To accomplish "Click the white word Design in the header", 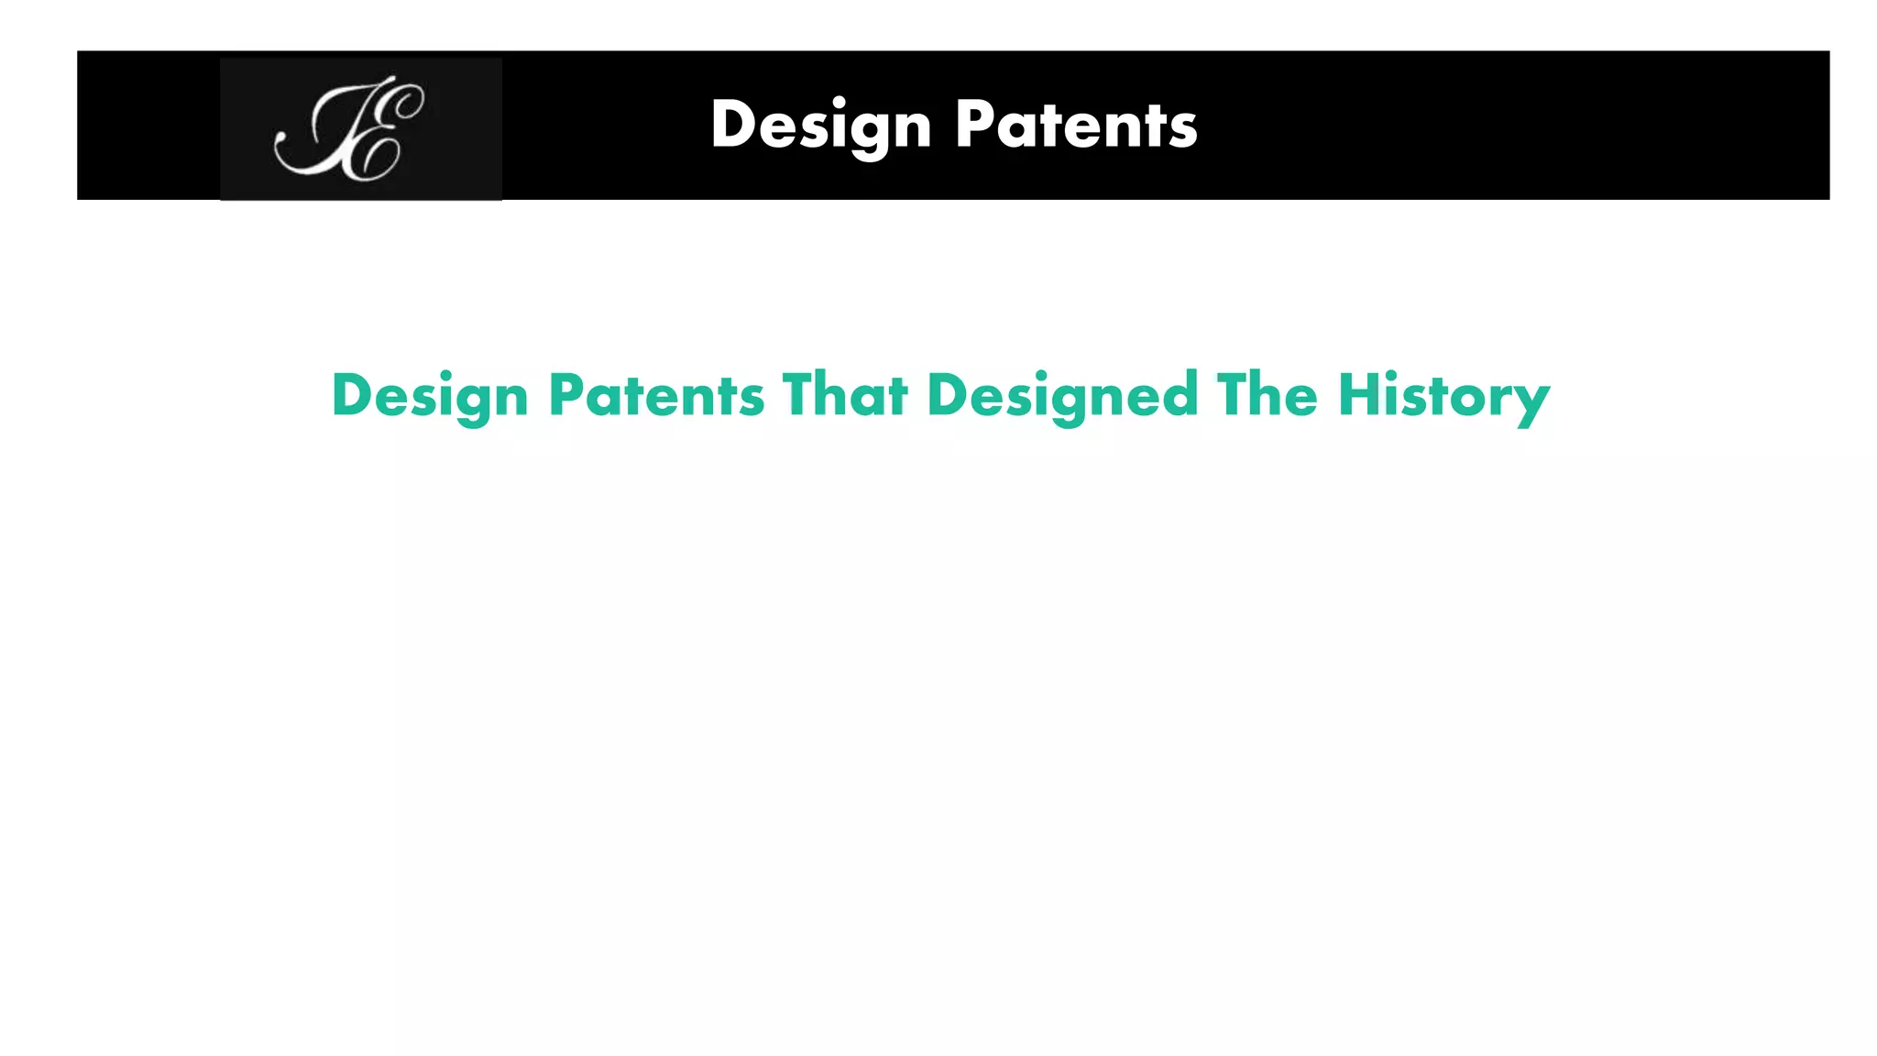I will (x=820, y=126).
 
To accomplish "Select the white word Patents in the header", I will (x=1076, y=124).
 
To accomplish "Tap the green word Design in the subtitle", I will (x=430, y=396).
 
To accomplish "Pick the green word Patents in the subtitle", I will (x=656, y=396).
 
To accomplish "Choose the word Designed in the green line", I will (x=1062, y=396).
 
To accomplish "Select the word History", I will (x=1443, y=396).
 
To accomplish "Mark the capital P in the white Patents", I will (x=973, y=124).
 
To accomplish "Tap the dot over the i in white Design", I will (x=839, y=102).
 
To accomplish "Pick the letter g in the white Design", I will (x=871, y=133).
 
